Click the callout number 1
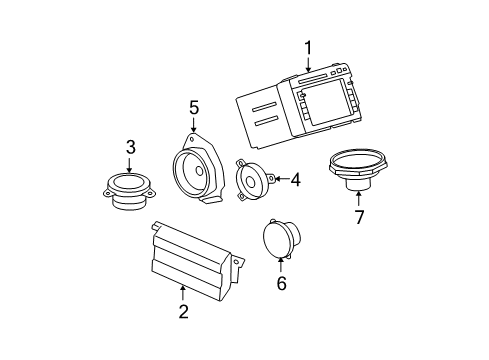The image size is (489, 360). point(308,46)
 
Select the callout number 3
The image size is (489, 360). point(130,148)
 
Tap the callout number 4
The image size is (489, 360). point(295,179)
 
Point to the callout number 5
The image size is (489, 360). point(194,106)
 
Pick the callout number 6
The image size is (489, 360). point(281,284)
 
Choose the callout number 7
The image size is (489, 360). point(358,217)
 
